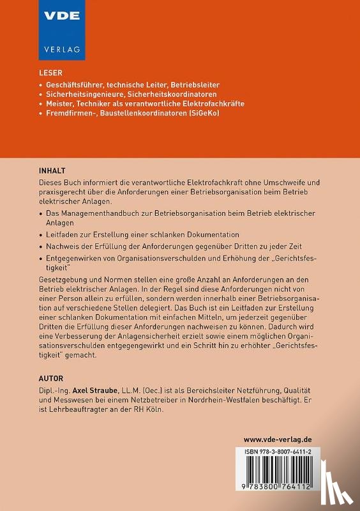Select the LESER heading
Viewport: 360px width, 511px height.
(50, 73)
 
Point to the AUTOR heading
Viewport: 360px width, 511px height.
(51, 378)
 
